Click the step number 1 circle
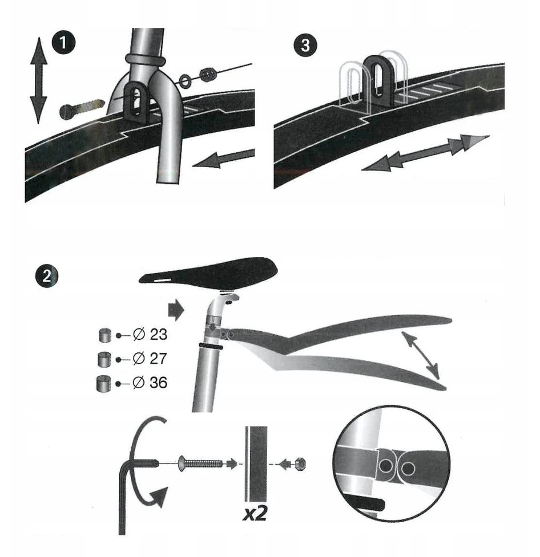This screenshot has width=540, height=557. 64,43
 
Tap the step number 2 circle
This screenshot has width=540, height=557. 47,276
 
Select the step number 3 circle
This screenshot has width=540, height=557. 305,45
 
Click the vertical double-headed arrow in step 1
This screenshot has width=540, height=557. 38,80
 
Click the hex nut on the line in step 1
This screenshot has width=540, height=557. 208,74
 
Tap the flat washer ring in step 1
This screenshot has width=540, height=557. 185,80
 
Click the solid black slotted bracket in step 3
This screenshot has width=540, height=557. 378,82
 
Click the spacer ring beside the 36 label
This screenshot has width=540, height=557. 103,384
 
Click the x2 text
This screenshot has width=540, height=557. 255,513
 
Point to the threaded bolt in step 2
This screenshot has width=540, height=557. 200,464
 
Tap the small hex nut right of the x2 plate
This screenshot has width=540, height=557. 301,464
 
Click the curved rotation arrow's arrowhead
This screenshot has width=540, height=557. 159,497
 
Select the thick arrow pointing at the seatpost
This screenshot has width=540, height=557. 176,310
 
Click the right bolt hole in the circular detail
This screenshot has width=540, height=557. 408,469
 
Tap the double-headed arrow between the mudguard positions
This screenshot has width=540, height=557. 421,355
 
